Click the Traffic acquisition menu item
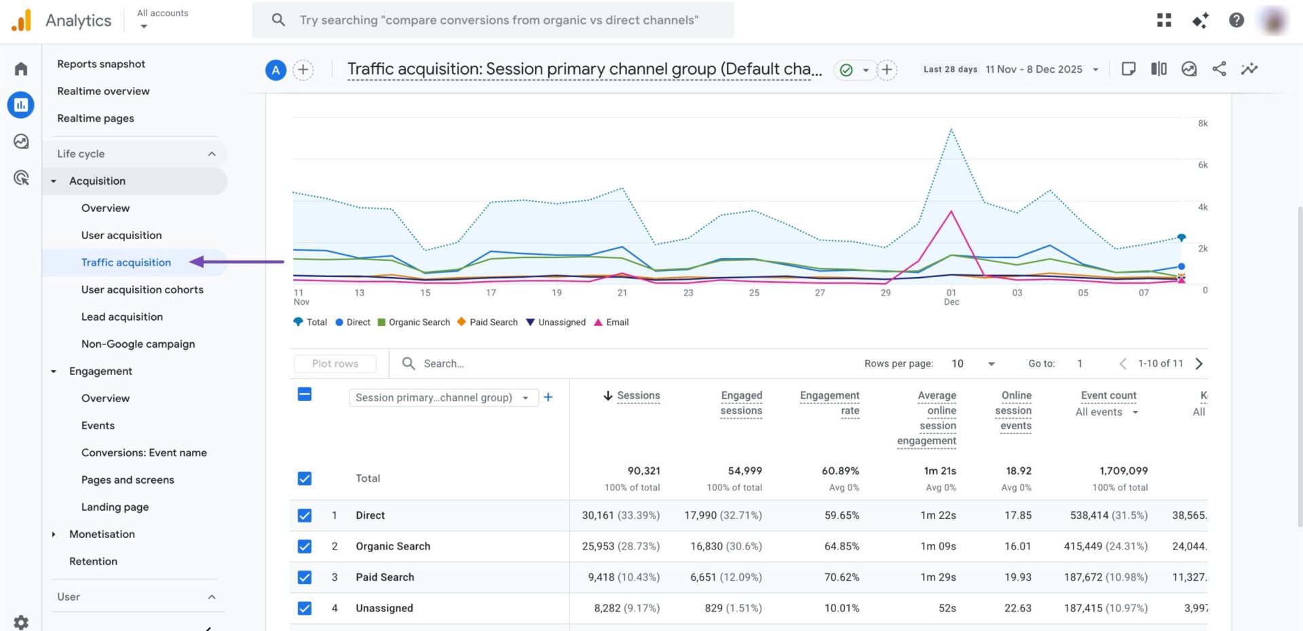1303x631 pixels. click(126, 262)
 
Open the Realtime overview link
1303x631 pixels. click(103, 91)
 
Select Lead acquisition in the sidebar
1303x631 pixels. click(122, 317)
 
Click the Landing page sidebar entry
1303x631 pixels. click(115, 507)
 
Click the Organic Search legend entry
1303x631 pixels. click(414, 322)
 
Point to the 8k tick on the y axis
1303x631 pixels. click(1203, 124)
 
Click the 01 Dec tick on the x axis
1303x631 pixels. click(951, 297)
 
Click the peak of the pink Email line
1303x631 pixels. click(951, 212)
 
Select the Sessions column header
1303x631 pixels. click(638, 395)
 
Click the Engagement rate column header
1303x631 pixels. click(829, 403)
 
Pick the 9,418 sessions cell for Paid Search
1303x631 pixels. click(620, 577)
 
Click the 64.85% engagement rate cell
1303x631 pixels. click(842, 546)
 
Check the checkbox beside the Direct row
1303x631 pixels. click(305, 516)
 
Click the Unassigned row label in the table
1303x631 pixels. click(384, 608)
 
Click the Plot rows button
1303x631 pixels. click(335, 363)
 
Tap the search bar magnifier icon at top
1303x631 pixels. click(278, 20)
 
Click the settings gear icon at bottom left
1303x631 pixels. click(21, 621)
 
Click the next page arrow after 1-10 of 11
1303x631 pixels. click(1199, 363)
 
